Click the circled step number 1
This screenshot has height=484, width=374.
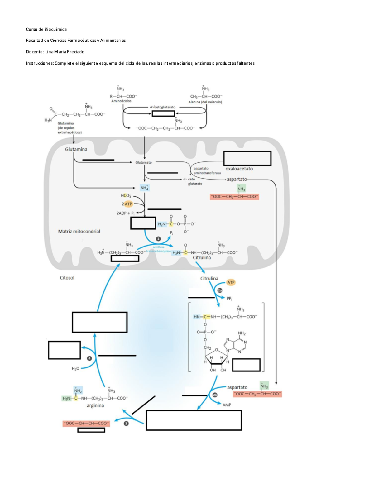pyautogui.click(x=158, y=239)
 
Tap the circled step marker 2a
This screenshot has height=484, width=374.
pyautogui.click(x=220, y=290)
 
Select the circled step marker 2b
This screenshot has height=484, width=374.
pyautogui.click(x=215, y=395)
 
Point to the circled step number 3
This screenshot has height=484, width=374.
pyautogui.click(x=126, y=424)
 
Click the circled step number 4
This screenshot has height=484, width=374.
pyautogui.click(x=89, y=358)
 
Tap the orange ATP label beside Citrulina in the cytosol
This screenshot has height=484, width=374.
pyautogui.click(x=231, y=282)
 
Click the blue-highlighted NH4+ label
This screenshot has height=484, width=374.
pyautogui.click(x=145, y=188)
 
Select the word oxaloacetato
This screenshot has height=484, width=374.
pyautogui.click(x=239, y=169)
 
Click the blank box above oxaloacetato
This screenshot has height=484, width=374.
pyautogui.click(x=247, y=158)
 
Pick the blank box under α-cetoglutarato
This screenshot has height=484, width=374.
pyautogui.click(x=163, y=113)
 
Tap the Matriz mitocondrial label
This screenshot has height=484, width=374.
pyautogui.click(x=79, y=232)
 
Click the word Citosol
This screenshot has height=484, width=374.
pyautogui.click(x=67, y=278)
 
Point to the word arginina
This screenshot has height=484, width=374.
pyautogui.click(x=95, y=405)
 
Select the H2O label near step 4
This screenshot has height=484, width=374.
pyautogui.click(x=75, y=369)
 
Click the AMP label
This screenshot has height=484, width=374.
pyautogui.click(x=227, y=405)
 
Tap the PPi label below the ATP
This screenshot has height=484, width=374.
pyautogui.click(x=229, y=299)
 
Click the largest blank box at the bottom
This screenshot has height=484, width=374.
pyautogui.click(x=194, y=420)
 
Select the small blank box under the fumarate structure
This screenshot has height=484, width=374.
pyautogui.click(x=91, y=430)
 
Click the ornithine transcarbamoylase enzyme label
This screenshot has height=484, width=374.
pyautogui.click(x=159, y=249)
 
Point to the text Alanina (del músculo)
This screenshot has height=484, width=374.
pyautogui.click(x=205, y=102)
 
